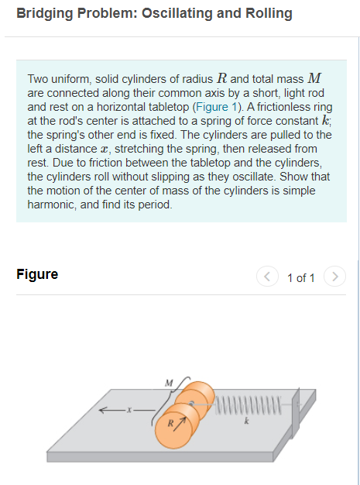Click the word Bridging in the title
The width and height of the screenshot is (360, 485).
[x=42, y=13]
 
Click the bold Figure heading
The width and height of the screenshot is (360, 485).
[x=37, y=274]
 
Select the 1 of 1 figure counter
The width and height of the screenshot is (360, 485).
[x=300, y=277]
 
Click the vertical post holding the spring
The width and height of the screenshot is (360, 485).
[x=295, y=418]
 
